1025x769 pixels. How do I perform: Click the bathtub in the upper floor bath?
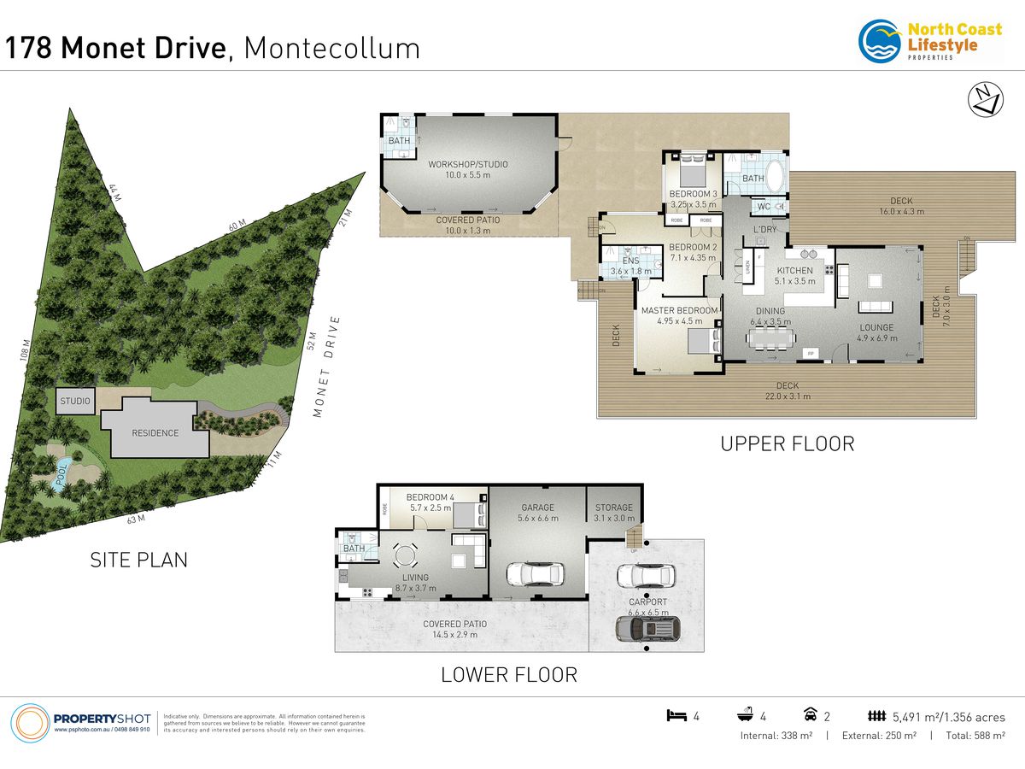(776, 179)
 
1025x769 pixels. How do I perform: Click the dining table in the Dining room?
(766, 337)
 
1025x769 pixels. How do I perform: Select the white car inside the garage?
(536, 574)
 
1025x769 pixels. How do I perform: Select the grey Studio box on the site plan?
(75, 401)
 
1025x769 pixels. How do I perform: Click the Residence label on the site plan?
(155, 433)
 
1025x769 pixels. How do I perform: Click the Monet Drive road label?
(327, 367)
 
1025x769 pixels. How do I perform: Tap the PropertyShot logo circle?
(29, 723)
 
